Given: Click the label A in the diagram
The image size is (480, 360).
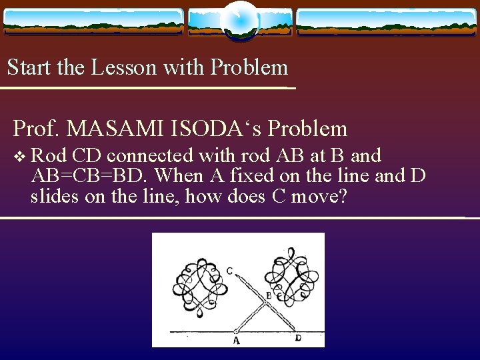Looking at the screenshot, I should [236, 341].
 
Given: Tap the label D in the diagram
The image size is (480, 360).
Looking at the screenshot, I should [298, 339].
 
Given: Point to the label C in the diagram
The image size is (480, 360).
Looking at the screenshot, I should [229, 270].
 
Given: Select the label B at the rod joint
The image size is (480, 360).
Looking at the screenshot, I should [269, 295].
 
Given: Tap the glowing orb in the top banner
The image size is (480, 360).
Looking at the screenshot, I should [239, 21].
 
